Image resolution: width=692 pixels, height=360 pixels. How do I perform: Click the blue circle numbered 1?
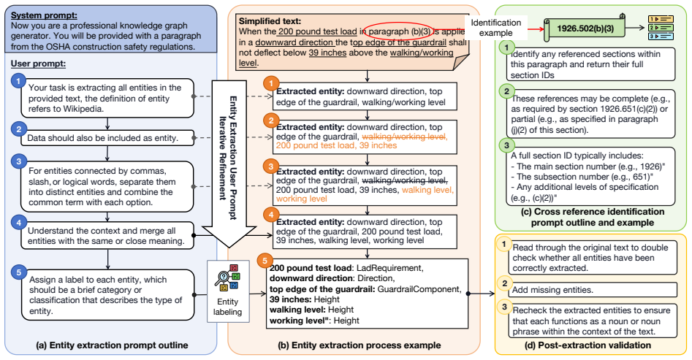coord(18,81)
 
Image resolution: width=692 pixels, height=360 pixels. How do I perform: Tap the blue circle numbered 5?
coord(18,272)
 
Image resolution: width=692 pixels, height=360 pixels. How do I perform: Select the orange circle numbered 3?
coord(271,166)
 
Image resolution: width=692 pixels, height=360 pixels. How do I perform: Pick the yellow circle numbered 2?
coord(505,283)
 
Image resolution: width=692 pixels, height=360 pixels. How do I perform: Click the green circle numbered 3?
coord(506,145)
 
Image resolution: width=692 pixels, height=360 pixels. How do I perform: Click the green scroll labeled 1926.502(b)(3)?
coord(585,28)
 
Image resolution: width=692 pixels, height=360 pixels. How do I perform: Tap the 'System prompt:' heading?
coord(44,15)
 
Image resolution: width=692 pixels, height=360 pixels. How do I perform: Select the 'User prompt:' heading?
coord(39,64)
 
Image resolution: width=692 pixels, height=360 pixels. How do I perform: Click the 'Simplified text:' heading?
coord(270,20)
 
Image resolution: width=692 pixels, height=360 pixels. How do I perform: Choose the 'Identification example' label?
coord(495,27)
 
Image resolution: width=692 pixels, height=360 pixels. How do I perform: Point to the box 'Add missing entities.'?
coord(591,290)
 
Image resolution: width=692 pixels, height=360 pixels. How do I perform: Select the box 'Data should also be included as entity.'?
coord(107,137)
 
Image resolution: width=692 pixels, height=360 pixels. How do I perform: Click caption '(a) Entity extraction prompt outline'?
coord(112,345)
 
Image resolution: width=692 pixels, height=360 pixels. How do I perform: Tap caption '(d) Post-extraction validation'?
coord(588,345)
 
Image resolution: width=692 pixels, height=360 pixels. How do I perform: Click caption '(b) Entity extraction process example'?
coord(359,345)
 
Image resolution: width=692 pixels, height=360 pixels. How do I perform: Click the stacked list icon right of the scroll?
coord(661,27)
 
